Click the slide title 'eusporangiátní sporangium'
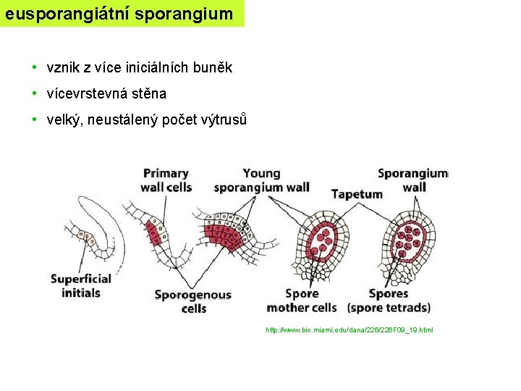point(119,13)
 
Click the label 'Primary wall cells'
point(166,180)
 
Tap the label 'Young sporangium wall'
point(261,180)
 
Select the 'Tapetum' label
point(357,194)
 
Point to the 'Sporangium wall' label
point(413,180)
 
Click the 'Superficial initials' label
point(81,286)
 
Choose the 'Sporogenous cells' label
point(193,301)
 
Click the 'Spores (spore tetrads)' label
point(389,300)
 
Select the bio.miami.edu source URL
point(350,330)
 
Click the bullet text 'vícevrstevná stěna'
point(106,93)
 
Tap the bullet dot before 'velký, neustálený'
point(34,119)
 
